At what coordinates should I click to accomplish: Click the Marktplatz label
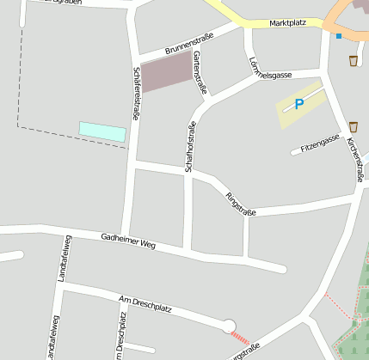click(287, 23)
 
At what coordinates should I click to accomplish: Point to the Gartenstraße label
click(200, 72)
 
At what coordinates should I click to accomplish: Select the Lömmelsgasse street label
click(268, 75)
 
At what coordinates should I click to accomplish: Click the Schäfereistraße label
click(137, 95)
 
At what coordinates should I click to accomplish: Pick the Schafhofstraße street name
click(191, 147)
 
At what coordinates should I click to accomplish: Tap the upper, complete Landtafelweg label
click(64, 258)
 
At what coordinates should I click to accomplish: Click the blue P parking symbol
click(298, 105)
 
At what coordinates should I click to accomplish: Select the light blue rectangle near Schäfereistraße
click(102, 131)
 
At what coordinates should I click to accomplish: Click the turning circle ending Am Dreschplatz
click(228, 326)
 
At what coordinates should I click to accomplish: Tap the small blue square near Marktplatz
click(339, 36)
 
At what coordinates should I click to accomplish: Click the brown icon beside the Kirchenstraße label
click(354, 126)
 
